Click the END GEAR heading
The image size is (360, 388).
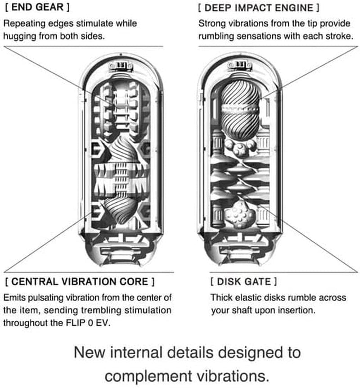pos(37,8)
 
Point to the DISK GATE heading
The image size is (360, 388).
pos(243,282)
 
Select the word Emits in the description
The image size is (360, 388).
pos(14,298)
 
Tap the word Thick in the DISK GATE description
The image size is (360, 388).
pos(221,298)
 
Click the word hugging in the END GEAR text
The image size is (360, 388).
pos(18,36)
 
